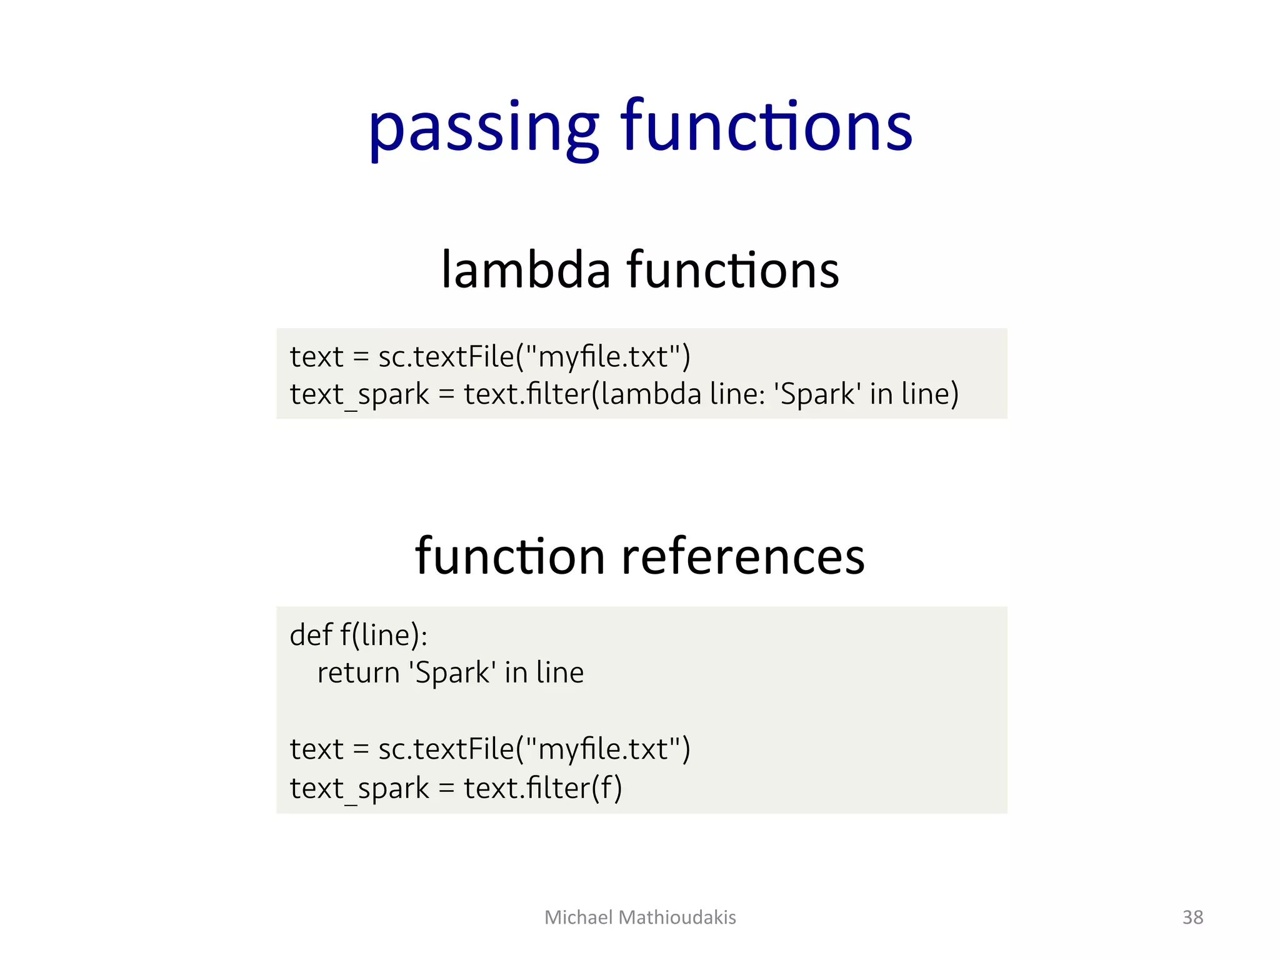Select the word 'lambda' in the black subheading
tap(526, 270)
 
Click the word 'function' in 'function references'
tap(509, 556)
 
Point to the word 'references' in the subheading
tap(743, 556)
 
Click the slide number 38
tap(1192, 917)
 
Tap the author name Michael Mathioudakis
tap(640, 917)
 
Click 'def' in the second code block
tap(311, 635)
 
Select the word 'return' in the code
tap(358, 673)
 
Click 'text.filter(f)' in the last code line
tap(542, 787)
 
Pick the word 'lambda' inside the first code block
tap(651, 394)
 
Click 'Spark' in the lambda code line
tap(817, 394)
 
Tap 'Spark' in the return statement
tap(452, 673)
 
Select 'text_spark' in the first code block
tap(359, 394)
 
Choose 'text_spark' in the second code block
tap(359, 788)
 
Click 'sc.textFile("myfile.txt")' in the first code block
tap(534, 357)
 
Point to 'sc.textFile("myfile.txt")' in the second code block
tap(534, 749)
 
